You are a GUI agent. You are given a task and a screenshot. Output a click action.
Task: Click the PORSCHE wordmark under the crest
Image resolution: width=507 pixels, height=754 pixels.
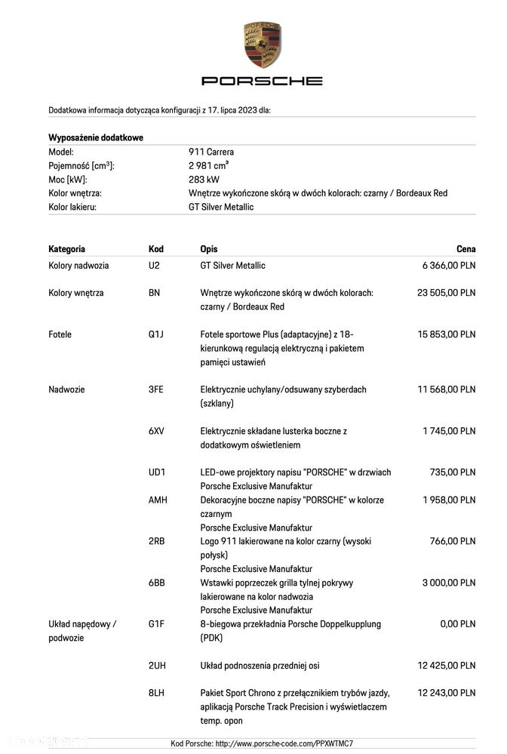tap(262, 81)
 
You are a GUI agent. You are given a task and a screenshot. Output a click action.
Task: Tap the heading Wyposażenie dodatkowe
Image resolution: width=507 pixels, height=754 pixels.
tap(96, 137)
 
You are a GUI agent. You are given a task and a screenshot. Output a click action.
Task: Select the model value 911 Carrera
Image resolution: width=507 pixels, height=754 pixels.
tap(211, 152)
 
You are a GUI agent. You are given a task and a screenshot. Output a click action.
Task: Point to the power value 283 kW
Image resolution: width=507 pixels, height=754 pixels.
tap(204, 180)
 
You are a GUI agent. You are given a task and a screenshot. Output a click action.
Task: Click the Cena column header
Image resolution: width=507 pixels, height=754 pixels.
tap(466, 249)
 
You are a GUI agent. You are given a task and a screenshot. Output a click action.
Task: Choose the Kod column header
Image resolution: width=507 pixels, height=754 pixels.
tap(156, 249)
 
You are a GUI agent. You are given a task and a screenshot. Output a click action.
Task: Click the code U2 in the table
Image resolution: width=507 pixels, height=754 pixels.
tap(154, 266)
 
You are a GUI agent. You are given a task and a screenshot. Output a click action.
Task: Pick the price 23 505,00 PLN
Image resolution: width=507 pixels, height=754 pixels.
tap(446, 293)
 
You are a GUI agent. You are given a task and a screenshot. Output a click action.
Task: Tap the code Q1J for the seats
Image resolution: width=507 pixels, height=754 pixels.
tap(156, 334)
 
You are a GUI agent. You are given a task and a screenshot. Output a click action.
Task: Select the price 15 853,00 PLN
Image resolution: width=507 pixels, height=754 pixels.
tap(446, 334)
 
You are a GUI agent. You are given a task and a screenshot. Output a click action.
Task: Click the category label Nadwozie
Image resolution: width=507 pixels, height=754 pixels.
tap(66, 389)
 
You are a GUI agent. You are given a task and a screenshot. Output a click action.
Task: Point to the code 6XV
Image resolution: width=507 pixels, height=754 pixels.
tap(156, 431)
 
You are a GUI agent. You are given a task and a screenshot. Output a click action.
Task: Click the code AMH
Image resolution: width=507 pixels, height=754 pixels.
tap(158, 500)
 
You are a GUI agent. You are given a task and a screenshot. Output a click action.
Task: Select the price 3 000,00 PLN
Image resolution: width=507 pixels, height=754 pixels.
tap(449, 583)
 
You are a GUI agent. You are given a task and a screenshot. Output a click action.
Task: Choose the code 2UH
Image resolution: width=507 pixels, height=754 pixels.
tap(157, 666)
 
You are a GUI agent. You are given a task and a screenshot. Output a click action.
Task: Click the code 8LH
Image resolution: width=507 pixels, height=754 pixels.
tap(156, 693)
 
